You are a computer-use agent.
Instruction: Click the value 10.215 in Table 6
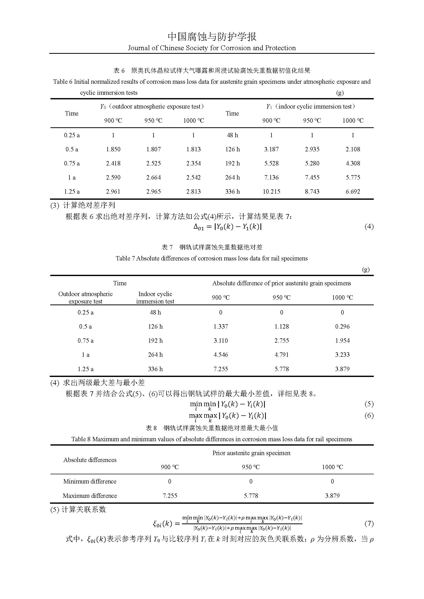tap(271, 192)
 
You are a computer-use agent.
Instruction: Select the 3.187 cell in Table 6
tap(271, 149)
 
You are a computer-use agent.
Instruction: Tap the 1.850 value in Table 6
tap(113, 149)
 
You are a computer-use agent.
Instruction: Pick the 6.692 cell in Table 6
tap(353, 192)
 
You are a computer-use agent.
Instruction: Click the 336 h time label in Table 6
tap(232, 192)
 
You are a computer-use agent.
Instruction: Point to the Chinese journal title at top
tap(212, 37)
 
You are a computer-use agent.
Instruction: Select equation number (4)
tap(369, 226)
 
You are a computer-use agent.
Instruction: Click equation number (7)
tap(369, 524)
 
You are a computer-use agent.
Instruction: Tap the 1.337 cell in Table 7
tap(221, 326)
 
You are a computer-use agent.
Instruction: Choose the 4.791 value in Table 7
tap(281, 354)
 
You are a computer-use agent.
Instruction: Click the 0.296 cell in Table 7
tap(342, 326)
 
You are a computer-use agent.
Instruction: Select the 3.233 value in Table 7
tap(342, 354)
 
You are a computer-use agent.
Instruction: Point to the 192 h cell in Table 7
tap(155, 340)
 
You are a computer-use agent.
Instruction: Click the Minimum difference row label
tap(89, 481)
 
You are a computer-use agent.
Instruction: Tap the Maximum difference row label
tap(89, 496)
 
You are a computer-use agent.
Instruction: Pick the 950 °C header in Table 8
tap(251, 467)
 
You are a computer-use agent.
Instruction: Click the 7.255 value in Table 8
tap(170, 496)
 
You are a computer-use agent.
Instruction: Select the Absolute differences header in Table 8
tap(89, 460)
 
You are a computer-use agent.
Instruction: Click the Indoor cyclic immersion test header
tap(155, 298)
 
